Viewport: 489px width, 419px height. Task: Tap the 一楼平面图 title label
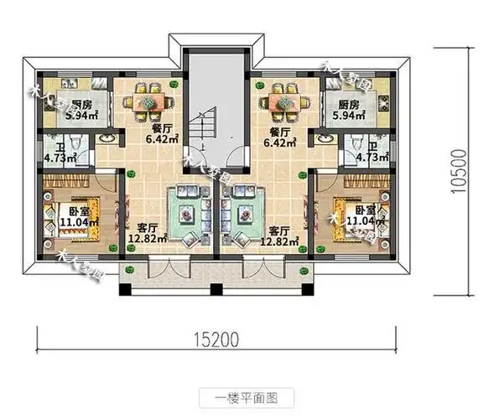click(x=246, y=395)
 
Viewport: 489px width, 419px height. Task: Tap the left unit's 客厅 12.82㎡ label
click(x=144, y=234)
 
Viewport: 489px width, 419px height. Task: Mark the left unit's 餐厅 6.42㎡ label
click(x=162, y=137)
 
